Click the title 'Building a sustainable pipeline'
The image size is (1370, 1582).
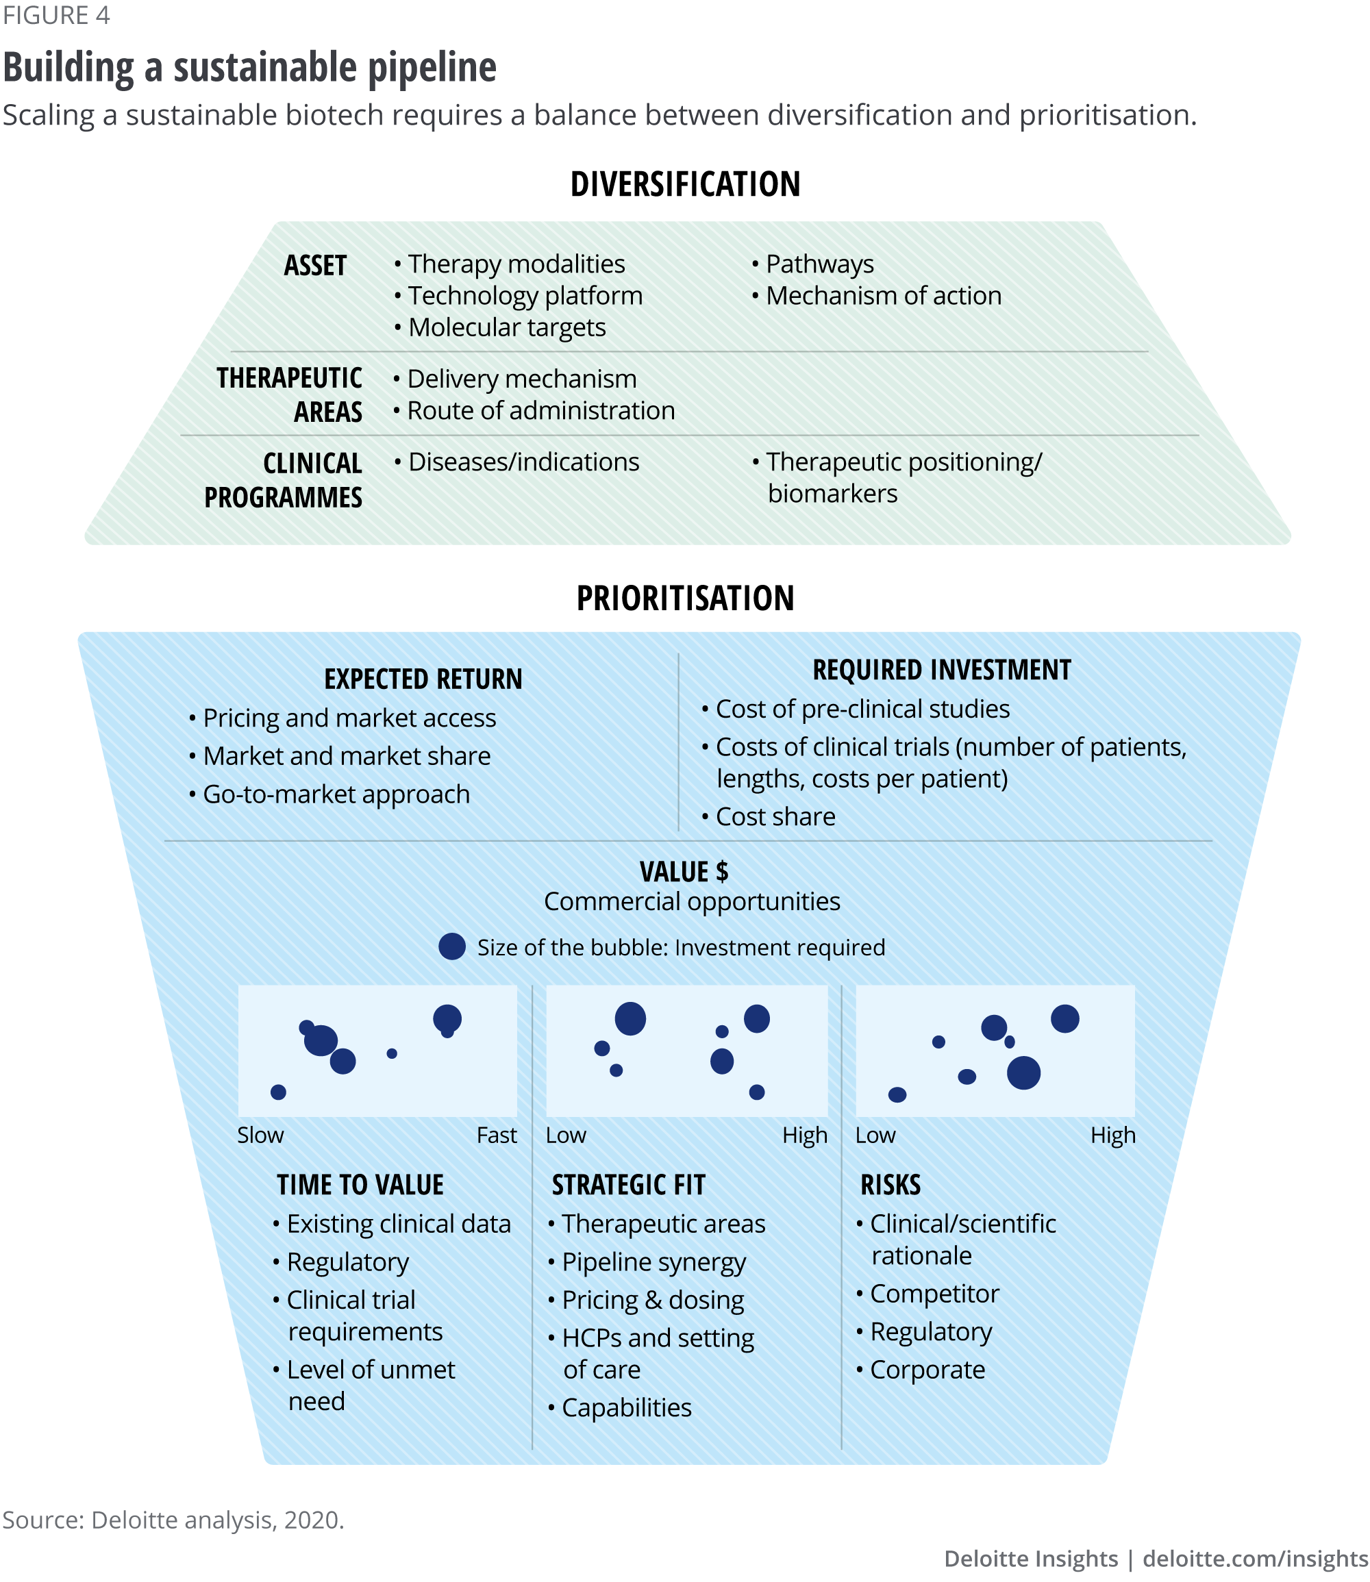coord(249,67)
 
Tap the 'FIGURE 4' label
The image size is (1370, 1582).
coord(57,15)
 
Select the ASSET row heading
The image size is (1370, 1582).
coord(315,266)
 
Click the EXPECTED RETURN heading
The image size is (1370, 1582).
coord(423,679)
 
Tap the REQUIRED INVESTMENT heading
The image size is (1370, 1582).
coord(941,670)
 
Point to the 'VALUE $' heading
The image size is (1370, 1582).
coord(684,872)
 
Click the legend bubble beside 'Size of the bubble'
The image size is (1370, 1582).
coord(452,947)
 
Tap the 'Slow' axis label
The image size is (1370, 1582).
coord(260,1135)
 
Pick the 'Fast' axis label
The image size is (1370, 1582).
coord(496,1135)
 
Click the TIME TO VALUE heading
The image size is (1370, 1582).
coord(360,1185)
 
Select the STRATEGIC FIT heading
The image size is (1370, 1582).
coord(628,1185)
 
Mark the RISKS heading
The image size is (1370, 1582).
coord(890,1185)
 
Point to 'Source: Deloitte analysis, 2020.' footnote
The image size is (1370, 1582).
coord(173,1520)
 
